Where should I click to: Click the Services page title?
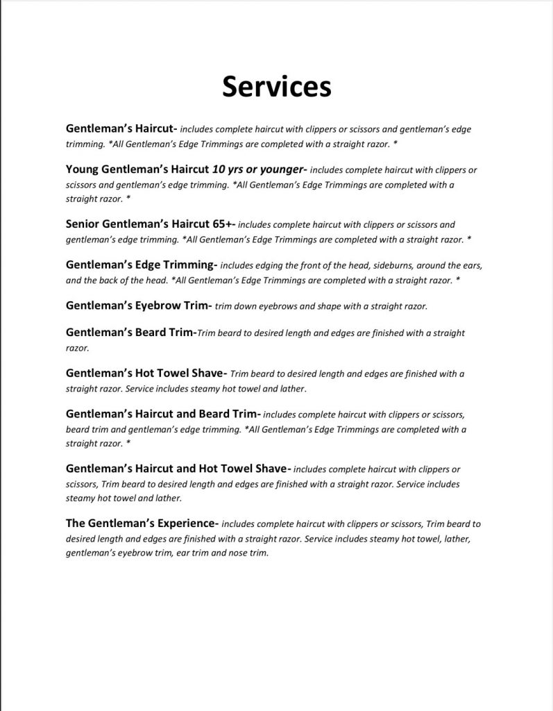276,87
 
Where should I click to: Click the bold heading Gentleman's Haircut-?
122,128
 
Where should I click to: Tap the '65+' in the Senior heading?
223,224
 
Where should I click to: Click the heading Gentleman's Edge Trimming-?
142,265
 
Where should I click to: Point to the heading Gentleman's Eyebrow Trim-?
139,305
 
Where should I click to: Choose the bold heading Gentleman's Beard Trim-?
131,333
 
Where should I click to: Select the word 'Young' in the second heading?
83,169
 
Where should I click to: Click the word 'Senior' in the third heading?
84,224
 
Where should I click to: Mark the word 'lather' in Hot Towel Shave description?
292,389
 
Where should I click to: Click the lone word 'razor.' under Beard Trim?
77,349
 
